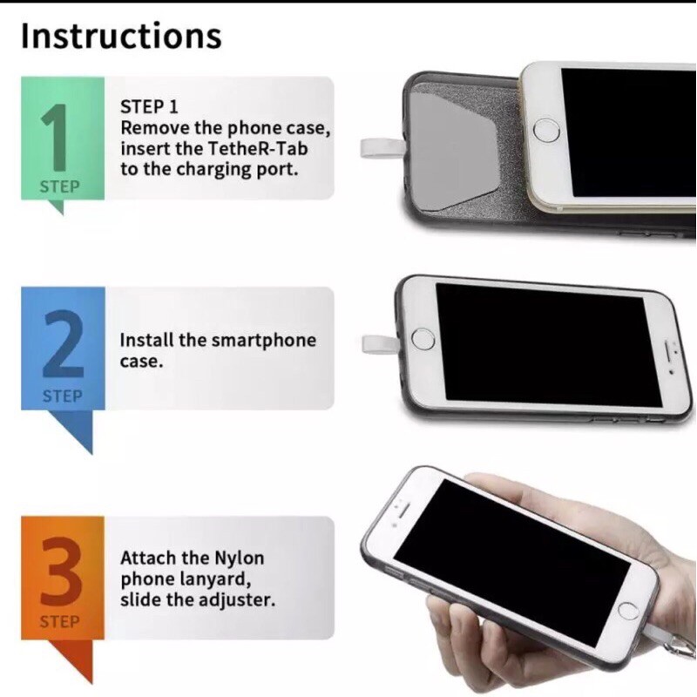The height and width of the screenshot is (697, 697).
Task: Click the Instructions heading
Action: pos(121,36)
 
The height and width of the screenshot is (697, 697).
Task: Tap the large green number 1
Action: pos(57,137)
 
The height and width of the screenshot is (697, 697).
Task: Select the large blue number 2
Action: pos(63,343)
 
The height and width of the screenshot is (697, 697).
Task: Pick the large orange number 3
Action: pos(61,572)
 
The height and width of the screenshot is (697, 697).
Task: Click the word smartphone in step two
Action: pos(264,341)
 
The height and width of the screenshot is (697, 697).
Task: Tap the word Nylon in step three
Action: pos(239,558)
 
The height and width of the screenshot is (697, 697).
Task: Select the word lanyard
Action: pos(216,579)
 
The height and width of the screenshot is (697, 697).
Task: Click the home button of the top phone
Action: pos(546,131)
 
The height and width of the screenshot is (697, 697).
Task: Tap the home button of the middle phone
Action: pos(423,339)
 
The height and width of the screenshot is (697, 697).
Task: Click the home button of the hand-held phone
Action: pos(628,612)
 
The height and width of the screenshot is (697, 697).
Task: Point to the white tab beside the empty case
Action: pos(382,148)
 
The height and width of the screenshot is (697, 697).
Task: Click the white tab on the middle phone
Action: pos(380,344)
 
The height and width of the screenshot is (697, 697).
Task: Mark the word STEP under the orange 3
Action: pos(59,621)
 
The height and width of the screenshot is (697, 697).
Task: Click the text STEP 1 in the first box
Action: pos(149,106)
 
